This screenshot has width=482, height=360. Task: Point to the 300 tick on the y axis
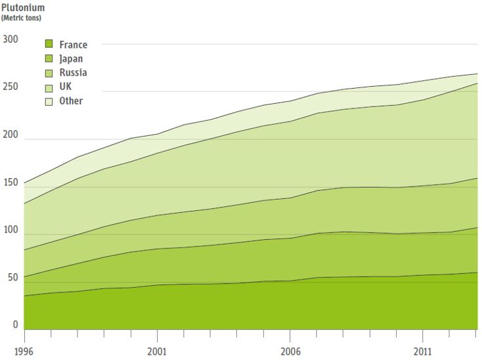pyautogui.click(x=11, y=39)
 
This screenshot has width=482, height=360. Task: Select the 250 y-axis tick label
pyautogui.click(x=11, y=88)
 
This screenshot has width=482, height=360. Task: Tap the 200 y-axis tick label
pyautogui.click(x=11, y=135)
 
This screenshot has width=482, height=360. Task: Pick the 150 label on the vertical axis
pyautogui.click(x=11, y=183)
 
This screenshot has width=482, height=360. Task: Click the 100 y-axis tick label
pyautogui.click(x=11, y=231)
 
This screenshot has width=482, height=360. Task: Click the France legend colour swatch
pyautogui.click(x=49, y=45)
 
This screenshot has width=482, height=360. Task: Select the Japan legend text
pyautogui.click(x=71, y=58)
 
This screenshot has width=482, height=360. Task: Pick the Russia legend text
pyautogui.click(x=73, y=73)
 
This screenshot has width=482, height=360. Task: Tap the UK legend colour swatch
pyautogui.click(x=49, y=87)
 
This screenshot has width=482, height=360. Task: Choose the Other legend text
pyautogui.click(x=71, y=101)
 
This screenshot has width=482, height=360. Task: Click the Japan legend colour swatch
pyautogui.click(x=49, y=58)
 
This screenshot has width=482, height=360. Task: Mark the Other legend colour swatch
pyautogui.click(x=49, y=101)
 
